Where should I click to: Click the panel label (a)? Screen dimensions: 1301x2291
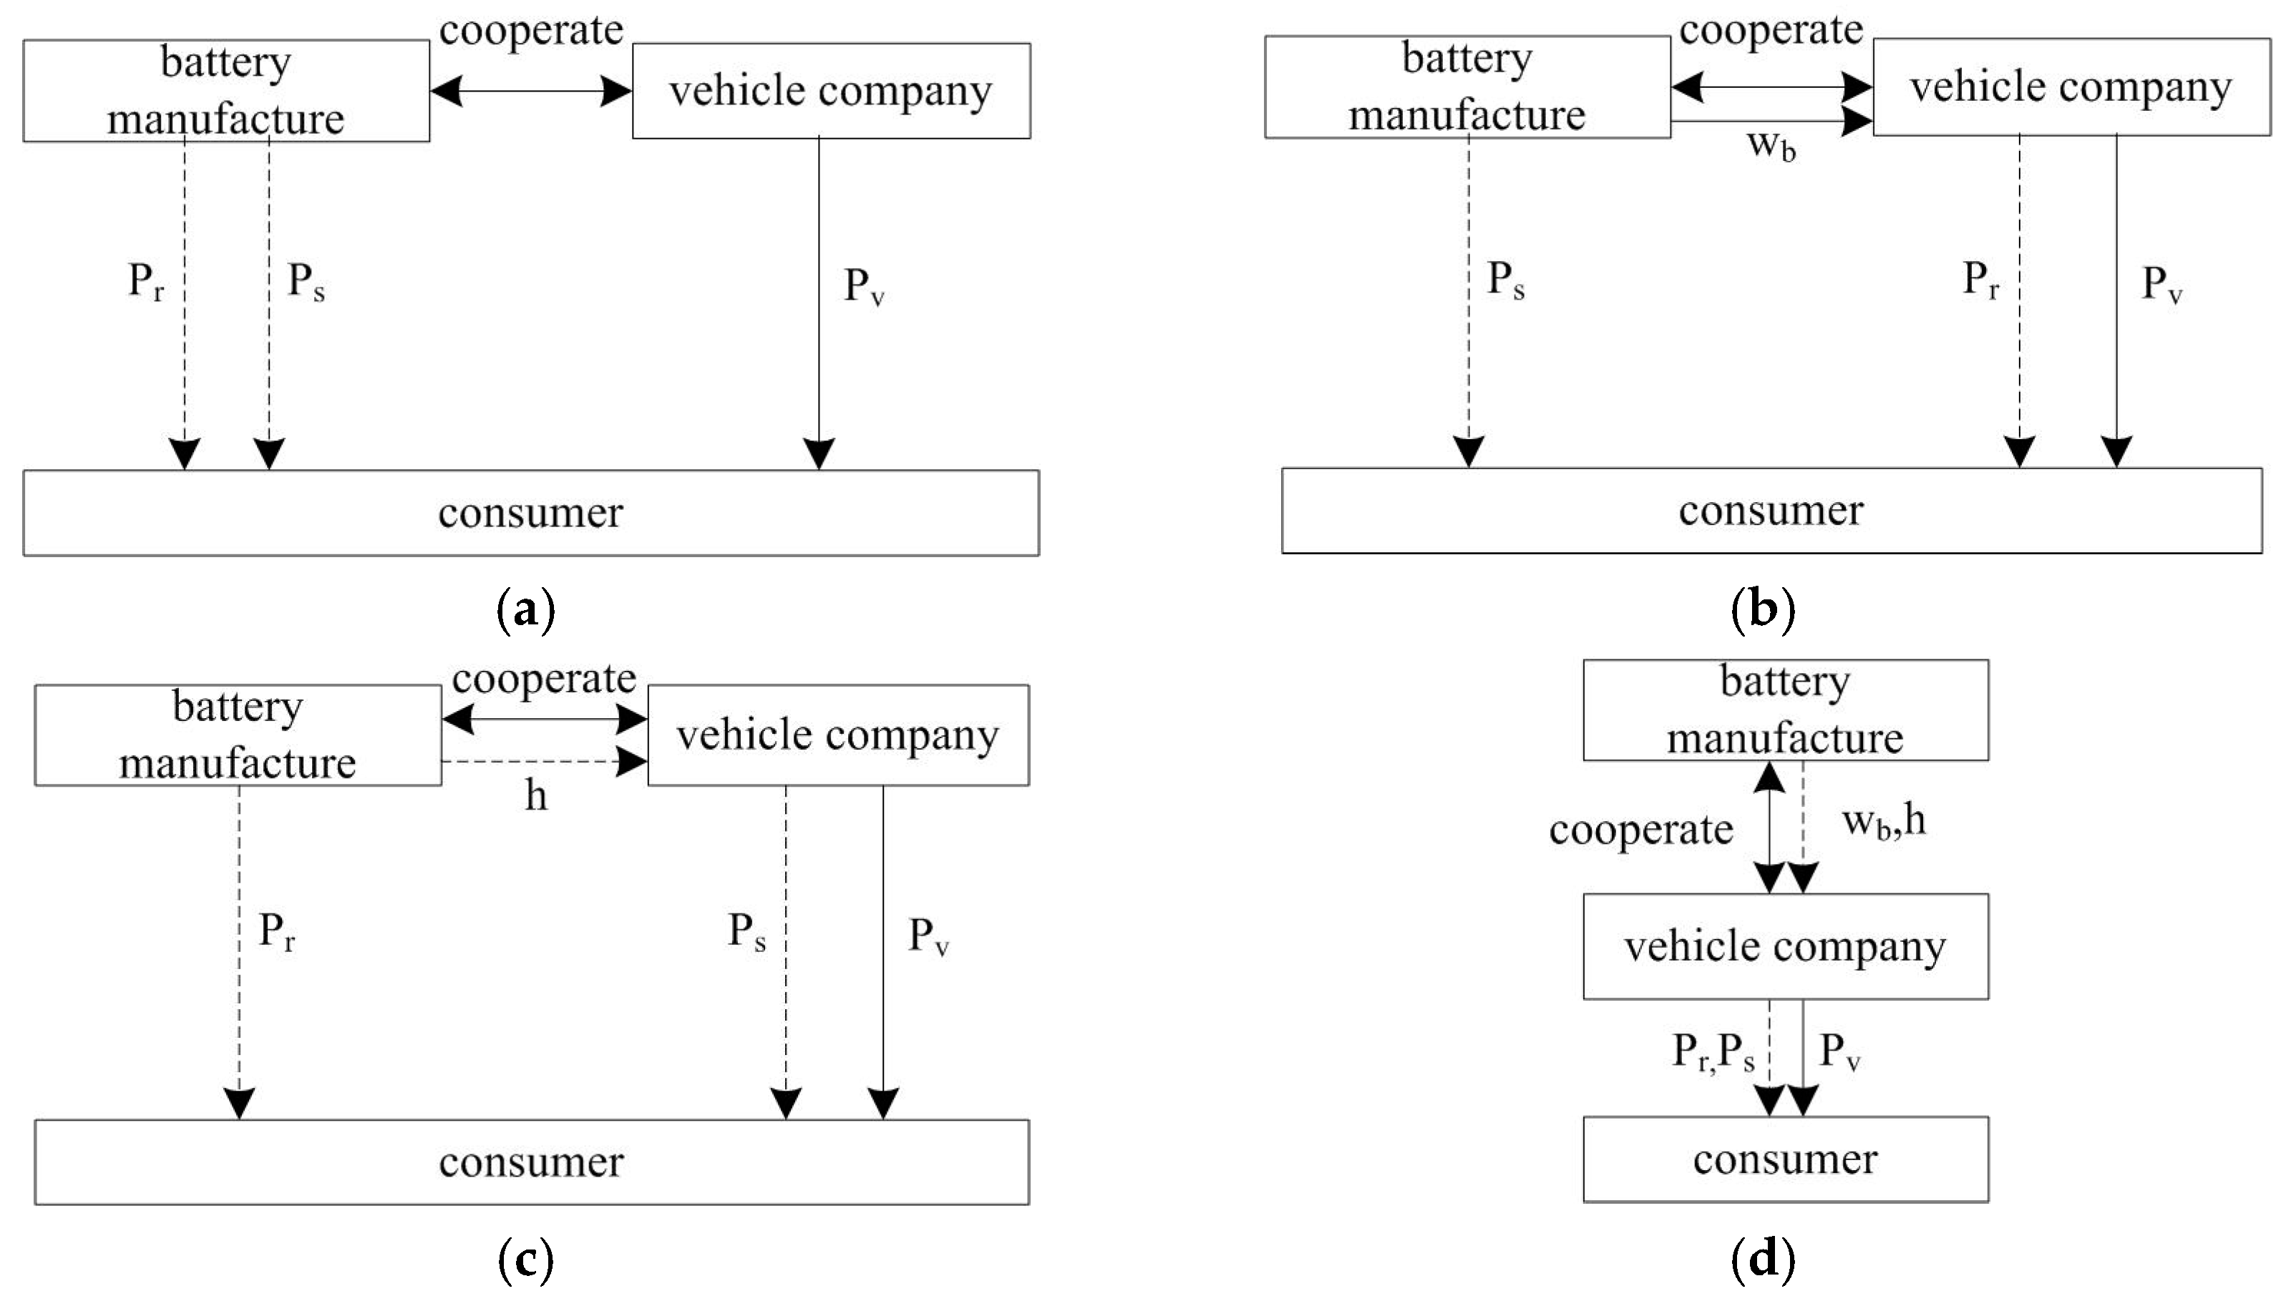pyautogui.click(x=525, y=612)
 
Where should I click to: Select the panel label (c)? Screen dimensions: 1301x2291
pyautogui.click(x=525, y=1260)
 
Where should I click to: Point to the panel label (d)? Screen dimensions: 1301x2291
pyautogui.click(x=1763, y=1260)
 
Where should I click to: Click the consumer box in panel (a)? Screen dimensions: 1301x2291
pyautogui.click(x=531, y=513)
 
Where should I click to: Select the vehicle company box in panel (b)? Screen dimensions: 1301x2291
pyautogui.click(x=2071, y=87)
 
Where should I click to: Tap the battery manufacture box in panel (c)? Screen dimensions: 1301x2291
pyautogui.click(x=238, y=735)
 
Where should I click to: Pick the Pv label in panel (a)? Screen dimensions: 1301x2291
pyautogui.click(x=863, y=287)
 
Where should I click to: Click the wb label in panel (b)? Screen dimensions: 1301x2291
pyautogui.click(x=1771, y=144)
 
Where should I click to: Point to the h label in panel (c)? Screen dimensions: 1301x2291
pyautogui.click(x=535, y=795)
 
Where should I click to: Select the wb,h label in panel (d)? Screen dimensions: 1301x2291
pyautogui.click(x=1883, y=822)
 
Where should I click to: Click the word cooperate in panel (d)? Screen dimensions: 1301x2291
pyautogui.click(x=1641, y=829)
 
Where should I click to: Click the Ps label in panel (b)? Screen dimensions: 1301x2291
pyautogui.click(x=1505, y=280)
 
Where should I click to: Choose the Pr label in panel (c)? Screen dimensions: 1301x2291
pyautogui.click(x=276, y=931)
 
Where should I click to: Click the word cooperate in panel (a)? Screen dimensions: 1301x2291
pyautogui.click(x=531, y=31)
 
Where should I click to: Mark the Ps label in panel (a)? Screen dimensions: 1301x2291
pyautogui.click(x=306, y=282)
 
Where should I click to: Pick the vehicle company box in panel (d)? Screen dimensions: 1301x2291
pyautogui.click(x=1785, y=946)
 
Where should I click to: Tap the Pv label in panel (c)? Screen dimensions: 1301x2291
pyautogui.click(x=928, y=936)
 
